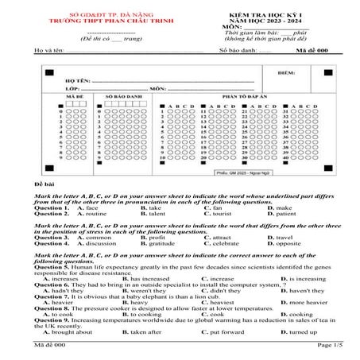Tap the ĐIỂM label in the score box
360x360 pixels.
[286, 72]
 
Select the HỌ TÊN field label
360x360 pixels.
[78, 81]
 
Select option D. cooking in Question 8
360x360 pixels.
[284, 315]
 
